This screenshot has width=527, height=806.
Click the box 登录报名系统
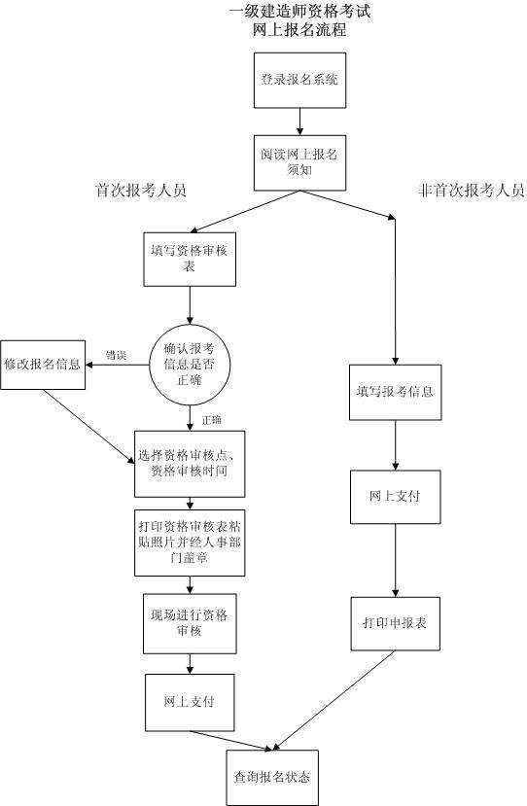pos(299,80)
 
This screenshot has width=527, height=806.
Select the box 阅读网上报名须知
pos(299,161)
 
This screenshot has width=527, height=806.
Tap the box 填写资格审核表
pos(191,259)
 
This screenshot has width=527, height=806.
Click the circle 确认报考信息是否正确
pos(191,363)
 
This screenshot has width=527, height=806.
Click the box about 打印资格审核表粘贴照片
pos(191,543)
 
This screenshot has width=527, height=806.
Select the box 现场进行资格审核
pos(191,622)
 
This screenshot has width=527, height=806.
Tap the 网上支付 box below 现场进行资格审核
pos(191,701)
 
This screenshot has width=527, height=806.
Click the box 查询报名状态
pos(271,778)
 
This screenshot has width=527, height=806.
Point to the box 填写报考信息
pos(395,393)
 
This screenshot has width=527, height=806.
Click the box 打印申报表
pos(395,622)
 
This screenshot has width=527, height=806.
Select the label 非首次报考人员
pos(471,191)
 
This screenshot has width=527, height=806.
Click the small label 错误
pos(116,355)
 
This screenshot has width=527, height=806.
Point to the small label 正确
pos(212,419)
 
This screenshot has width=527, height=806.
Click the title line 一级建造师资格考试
pos(299,12)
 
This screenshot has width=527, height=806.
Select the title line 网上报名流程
pos(299,30)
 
